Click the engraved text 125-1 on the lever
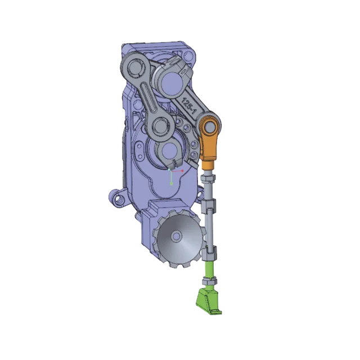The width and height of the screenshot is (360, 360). coord(188,105)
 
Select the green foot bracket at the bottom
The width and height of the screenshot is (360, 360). coord(208,301)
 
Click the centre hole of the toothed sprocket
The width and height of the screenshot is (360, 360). coord(176,236)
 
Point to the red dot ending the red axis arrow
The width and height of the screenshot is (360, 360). coord(182,171)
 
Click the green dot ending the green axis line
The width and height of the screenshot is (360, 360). coord(171,183)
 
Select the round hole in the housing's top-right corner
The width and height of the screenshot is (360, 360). coord(190,56)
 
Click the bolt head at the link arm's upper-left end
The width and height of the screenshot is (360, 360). coord(133,67)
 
